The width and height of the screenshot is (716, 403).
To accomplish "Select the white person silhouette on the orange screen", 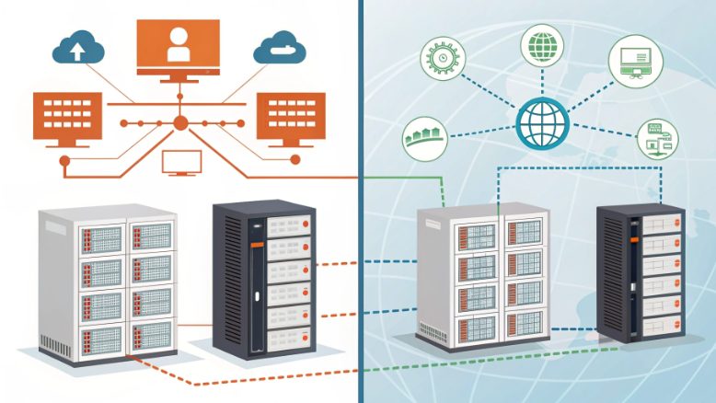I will point(178,45).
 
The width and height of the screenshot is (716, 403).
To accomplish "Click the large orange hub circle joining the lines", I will point(180,122).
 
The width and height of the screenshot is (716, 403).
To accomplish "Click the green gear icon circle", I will point(438,58).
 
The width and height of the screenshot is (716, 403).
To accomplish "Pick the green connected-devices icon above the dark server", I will point(658,139).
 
